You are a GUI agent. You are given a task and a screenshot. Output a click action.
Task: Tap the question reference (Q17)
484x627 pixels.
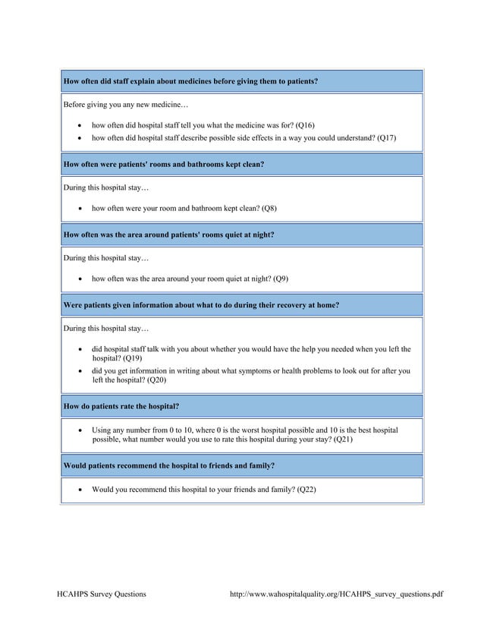tap(386, 137)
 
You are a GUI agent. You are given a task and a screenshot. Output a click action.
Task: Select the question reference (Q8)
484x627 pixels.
tap(269, 208)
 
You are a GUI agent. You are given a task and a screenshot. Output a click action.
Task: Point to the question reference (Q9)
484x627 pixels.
tap(280, 279)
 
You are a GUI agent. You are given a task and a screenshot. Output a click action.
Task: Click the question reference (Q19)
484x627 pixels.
tap(133, 358)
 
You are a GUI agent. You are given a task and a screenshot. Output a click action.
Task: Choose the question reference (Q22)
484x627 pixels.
tap(306, 490)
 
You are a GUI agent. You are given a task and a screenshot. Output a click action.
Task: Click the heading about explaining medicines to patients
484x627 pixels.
tap(190, 80)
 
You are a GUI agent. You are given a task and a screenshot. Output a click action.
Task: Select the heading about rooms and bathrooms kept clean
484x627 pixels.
tap(164, 163)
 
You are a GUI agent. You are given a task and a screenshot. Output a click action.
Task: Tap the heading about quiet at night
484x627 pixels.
tap(168, 235)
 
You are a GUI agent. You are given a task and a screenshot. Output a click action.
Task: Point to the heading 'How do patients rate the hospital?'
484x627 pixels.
tap(121, 406)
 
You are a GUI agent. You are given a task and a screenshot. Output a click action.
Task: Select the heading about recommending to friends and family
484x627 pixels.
tap(169, 465)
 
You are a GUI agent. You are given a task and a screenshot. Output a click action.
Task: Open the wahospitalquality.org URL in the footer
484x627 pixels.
tap(335, 594)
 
